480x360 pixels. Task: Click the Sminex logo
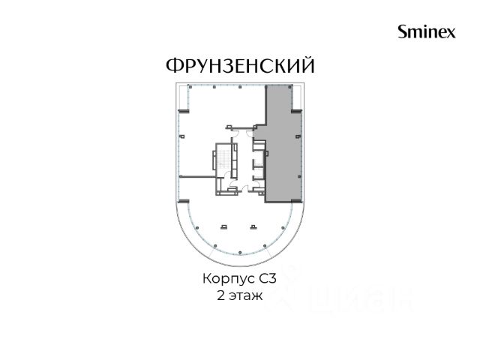[427, 31]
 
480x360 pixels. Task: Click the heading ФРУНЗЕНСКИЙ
[240, 65]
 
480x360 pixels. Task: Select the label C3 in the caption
[268, 279]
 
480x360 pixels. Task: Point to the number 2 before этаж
[220, 295]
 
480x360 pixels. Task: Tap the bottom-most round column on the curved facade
[240, 252]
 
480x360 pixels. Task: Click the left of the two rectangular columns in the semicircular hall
[224, 226]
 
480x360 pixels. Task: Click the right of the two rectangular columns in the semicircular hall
[253, 226]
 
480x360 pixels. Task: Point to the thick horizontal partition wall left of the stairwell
[198, 177]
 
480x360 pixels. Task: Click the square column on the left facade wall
[182, 136]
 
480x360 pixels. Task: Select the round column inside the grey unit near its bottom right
[299, 177]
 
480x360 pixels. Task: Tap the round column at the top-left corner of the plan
[190, 87]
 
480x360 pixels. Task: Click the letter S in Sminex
[403, 31]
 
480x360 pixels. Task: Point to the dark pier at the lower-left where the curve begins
[184, 201]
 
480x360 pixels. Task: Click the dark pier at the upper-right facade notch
[296, 112]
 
